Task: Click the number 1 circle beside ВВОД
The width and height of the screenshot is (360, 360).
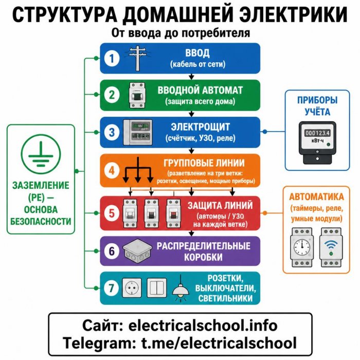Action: coord(112,58)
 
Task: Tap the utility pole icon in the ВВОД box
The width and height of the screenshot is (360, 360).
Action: coord(137,58)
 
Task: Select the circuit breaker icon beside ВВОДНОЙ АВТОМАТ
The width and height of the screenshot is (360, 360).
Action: coord(137,95)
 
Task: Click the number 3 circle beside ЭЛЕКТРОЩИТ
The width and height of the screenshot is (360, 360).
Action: coord(112,132)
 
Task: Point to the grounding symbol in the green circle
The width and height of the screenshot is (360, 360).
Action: coord(41,154)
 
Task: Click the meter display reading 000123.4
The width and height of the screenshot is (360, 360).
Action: coord(317,133)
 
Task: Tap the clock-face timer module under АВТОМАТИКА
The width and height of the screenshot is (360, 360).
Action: coord(302,247)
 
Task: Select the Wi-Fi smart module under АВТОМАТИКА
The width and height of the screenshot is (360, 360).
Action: coord(331,247)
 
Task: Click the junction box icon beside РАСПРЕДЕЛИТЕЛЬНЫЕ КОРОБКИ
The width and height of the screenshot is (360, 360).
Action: coord(137,251)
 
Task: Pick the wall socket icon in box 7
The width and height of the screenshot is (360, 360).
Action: coord(132,287)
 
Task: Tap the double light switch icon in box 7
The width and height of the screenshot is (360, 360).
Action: coord(157,287)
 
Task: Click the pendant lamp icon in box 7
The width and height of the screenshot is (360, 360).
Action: coord(181,289)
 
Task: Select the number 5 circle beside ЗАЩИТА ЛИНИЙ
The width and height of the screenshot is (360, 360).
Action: coord(112,213)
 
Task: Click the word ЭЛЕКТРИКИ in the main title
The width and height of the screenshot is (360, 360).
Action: coord(293,15)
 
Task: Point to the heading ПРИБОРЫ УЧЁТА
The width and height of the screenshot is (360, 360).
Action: coord(317,106)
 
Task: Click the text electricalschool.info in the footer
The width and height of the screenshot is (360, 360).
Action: coord(203,326)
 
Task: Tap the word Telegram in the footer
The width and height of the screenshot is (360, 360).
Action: coord(100,343)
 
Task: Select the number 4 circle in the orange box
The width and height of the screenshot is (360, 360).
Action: coord(112,170)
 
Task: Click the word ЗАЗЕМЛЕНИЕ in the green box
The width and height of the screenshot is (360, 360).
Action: coord(41,186)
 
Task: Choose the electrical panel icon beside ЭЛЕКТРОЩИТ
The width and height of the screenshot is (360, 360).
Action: coord(138,132)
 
